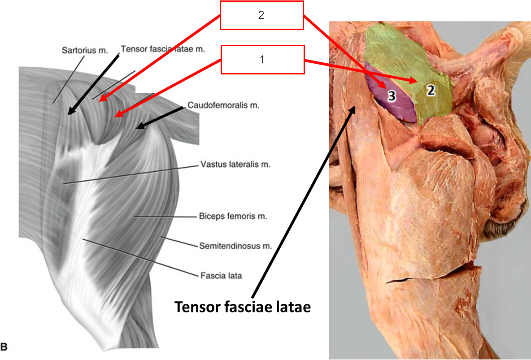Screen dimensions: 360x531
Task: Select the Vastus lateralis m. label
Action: point(234,165)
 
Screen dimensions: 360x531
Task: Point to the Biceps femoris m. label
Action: point(233,216)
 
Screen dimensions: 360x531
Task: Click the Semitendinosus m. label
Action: point(235,246)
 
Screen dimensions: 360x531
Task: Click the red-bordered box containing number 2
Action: point(261,15)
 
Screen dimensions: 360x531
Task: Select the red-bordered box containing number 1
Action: point(262,59)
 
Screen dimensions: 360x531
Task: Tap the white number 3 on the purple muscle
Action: point(391,96)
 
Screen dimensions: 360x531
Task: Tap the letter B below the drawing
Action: point(4,346)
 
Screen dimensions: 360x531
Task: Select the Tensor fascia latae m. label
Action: point(162,49)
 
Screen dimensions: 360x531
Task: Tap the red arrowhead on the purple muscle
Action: point(383,85)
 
